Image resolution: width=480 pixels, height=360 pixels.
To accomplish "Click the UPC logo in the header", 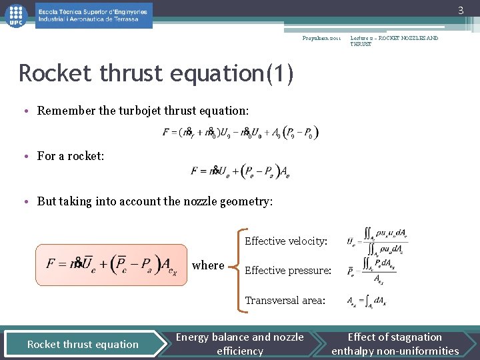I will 15,15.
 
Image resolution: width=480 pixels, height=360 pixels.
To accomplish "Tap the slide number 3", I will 459,10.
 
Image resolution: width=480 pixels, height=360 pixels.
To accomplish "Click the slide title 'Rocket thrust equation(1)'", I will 156,73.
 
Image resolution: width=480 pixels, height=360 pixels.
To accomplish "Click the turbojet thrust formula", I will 241,132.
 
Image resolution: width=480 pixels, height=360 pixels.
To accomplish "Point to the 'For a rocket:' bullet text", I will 71,156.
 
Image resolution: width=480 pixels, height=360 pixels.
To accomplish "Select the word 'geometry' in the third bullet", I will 247,201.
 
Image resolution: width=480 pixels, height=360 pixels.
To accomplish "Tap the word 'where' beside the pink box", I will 208,265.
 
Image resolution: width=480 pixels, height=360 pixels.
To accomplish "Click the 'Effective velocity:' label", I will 286,241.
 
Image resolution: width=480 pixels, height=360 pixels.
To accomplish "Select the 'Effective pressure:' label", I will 288,271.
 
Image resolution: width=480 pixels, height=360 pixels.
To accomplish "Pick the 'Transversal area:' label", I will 285,301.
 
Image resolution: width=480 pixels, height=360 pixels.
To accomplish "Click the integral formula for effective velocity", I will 377,241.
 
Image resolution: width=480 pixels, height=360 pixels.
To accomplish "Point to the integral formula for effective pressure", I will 376,271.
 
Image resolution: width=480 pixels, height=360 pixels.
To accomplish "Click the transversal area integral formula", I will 367,301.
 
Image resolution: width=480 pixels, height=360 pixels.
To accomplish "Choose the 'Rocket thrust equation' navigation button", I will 83,344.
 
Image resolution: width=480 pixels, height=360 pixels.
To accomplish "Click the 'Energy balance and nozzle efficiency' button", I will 240,344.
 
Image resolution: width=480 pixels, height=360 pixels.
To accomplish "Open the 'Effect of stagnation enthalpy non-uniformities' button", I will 395,344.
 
